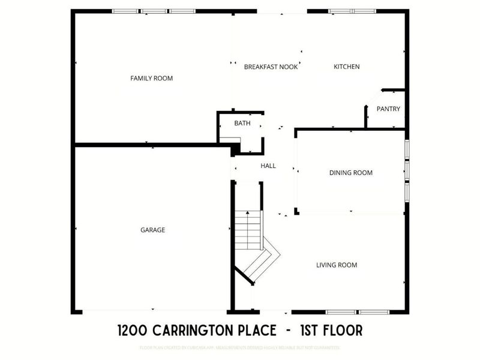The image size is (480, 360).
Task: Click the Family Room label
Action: click(152, 78)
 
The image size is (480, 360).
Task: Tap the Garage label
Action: click(152, 230)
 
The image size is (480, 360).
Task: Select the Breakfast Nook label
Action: click(271, 67)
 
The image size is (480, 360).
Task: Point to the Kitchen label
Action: click(347, 67)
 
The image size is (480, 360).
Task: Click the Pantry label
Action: click(388, 109)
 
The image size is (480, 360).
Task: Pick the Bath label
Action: click(242, 123)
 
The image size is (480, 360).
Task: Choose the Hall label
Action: click(268, 166)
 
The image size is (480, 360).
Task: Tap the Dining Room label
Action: click(351, 173)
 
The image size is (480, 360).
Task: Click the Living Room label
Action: click(337, 265)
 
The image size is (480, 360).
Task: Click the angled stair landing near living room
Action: click(264, 261)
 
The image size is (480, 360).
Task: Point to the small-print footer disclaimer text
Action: click(240, 348)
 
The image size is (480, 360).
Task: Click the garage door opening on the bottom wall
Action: click(154, 311)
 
